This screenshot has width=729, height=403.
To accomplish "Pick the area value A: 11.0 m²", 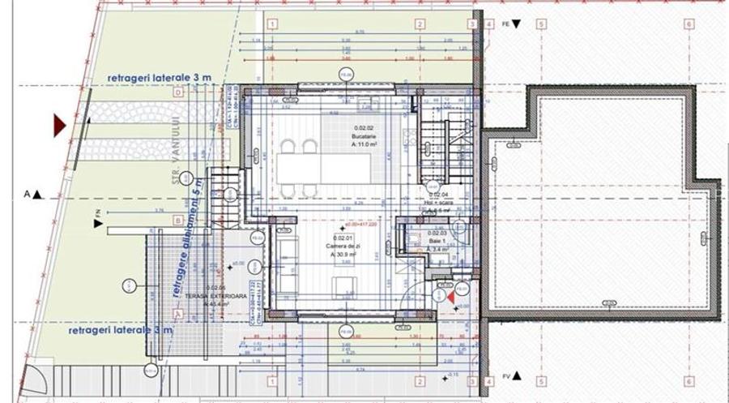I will pos(364,145).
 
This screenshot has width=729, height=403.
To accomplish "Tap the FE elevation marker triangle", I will pos(518,25).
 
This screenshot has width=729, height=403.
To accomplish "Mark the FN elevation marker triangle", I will pos(98,224).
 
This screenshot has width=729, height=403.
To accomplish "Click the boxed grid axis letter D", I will pos(177,92).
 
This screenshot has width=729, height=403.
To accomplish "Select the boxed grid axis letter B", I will pos(177,220).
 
